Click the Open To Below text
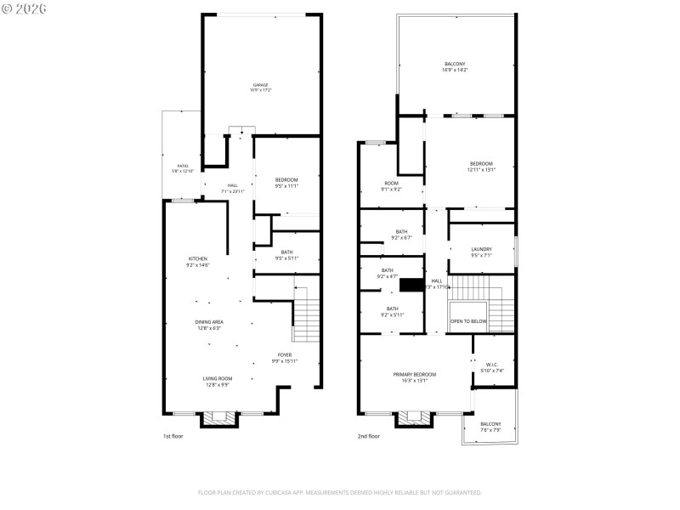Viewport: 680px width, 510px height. (x=468, y=321)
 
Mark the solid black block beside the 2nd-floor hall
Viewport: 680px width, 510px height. (x=412, y=286)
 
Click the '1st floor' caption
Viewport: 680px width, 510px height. (x=173, y=436)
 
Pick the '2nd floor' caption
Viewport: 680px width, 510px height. (x=368, y=436)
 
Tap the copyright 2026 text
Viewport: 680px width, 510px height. (x=25, y=8)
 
